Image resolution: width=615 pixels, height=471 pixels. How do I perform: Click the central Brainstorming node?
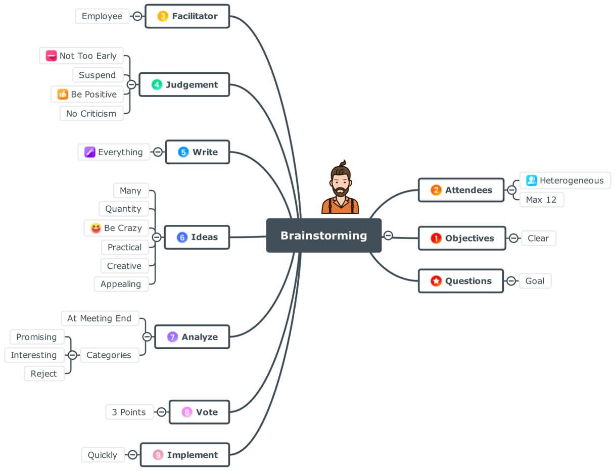[x=323, y=236]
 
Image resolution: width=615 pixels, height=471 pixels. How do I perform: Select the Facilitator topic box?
[x=187, y=16]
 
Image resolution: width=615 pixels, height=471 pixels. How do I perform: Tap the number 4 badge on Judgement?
[x=157, y=85]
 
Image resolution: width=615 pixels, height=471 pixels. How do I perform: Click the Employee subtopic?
[x=102, y=16]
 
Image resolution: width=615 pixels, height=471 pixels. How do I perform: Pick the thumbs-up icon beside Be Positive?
[x=63, y=95]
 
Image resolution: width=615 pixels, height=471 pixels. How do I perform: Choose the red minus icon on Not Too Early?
[x=51, y=56]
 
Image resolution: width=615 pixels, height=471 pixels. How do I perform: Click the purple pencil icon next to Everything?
[x=90, y=152]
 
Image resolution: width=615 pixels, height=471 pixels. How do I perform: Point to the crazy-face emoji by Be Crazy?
[x=96, y=228]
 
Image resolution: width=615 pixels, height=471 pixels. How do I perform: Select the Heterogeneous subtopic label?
[x=571, y=180]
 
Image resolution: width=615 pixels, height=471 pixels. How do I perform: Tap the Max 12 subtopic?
[x=541, y=200]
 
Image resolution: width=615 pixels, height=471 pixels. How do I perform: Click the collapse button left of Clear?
[x=513, y=238]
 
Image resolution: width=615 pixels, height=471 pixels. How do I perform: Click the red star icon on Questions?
[x=436, y=281]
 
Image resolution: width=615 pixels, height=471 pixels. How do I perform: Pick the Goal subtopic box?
[x=535, y=281]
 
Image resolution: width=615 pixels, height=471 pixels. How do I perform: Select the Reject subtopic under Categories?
[x=44, y=374]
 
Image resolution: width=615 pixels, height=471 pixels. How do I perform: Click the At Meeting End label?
[x=99, y=318]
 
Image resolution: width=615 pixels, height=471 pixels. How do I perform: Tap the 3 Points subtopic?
[x=128, y=412]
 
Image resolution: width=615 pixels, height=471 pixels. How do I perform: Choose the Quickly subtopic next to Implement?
[x=102, y=455]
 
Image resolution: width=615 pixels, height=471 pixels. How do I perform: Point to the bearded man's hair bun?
[x=343, y=163]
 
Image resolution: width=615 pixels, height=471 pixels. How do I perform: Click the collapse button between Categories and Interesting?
[x=73, y=355]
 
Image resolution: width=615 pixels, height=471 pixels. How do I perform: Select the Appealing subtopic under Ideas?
[x=121, y=284]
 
